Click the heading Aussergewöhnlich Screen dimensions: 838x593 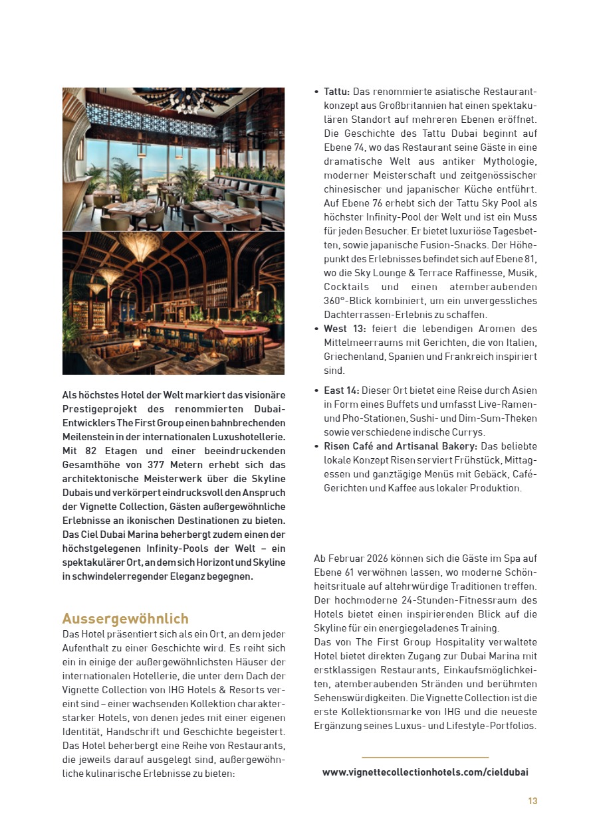[x=126, y=619]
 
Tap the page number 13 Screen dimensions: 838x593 [x=533, y=801]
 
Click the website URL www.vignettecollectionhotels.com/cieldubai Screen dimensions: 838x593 [x=425, y=772]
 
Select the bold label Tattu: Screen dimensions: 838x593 [x=337, y=91]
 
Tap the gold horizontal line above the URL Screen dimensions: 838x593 [x=425, y=757]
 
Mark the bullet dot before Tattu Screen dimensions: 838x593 [x=316, y=92]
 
